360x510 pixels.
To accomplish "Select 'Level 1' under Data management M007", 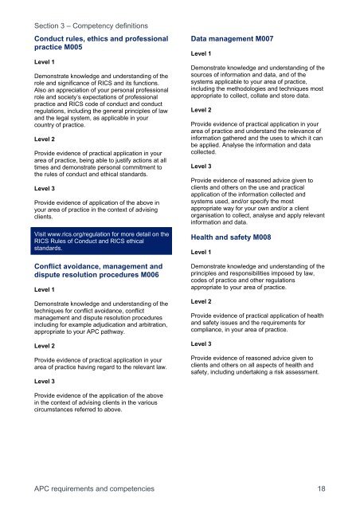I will (x=204, y=53).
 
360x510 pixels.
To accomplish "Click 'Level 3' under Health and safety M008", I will (x=204, y=343).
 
